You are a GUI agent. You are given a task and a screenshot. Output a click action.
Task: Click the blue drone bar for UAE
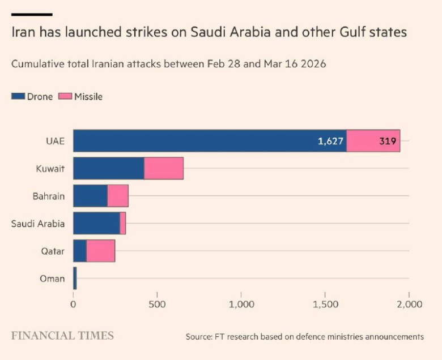click(210, 141)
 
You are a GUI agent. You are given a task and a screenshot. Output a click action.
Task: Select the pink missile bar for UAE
click(373, 141)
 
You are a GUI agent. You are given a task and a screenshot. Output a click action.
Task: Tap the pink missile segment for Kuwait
click(164, 168)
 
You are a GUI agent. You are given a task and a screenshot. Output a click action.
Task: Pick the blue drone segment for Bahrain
click(90, 196)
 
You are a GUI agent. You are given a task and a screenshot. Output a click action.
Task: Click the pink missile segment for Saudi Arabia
click(123, 223)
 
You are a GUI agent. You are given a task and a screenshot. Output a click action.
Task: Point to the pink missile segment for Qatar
click(101, 251)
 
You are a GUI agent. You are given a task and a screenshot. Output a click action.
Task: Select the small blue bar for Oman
click(75, 278)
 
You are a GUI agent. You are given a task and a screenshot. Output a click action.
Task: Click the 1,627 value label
click(331, 141)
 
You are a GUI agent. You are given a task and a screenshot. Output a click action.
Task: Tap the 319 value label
click(388, 141)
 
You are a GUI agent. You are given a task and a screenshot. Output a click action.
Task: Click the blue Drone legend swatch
click(18, 96)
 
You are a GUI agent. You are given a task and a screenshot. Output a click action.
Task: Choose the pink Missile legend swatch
click(65, 96)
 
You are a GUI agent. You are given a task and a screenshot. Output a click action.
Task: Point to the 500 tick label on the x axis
click(157, 305)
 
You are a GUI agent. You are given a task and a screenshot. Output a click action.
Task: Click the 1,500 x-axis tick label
click(325, 305)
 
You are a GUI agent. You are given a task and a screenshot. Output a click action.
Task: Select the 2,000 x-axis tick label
click(409, 305)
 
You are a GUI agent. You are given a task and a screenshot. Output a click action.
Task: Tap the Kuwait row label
click(50, 169)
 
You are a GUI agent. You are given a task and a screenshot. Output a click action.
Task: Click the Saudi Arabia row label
click(38, 224)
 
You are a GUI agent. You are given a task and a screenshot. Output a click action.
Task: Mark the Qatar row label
click(53, 251)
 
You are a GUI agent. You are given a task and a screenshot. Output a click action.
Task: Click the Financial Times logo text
click(62, 336)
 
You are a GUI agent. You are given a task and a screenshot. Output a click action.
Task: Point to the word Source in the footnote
click(198, 337)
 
